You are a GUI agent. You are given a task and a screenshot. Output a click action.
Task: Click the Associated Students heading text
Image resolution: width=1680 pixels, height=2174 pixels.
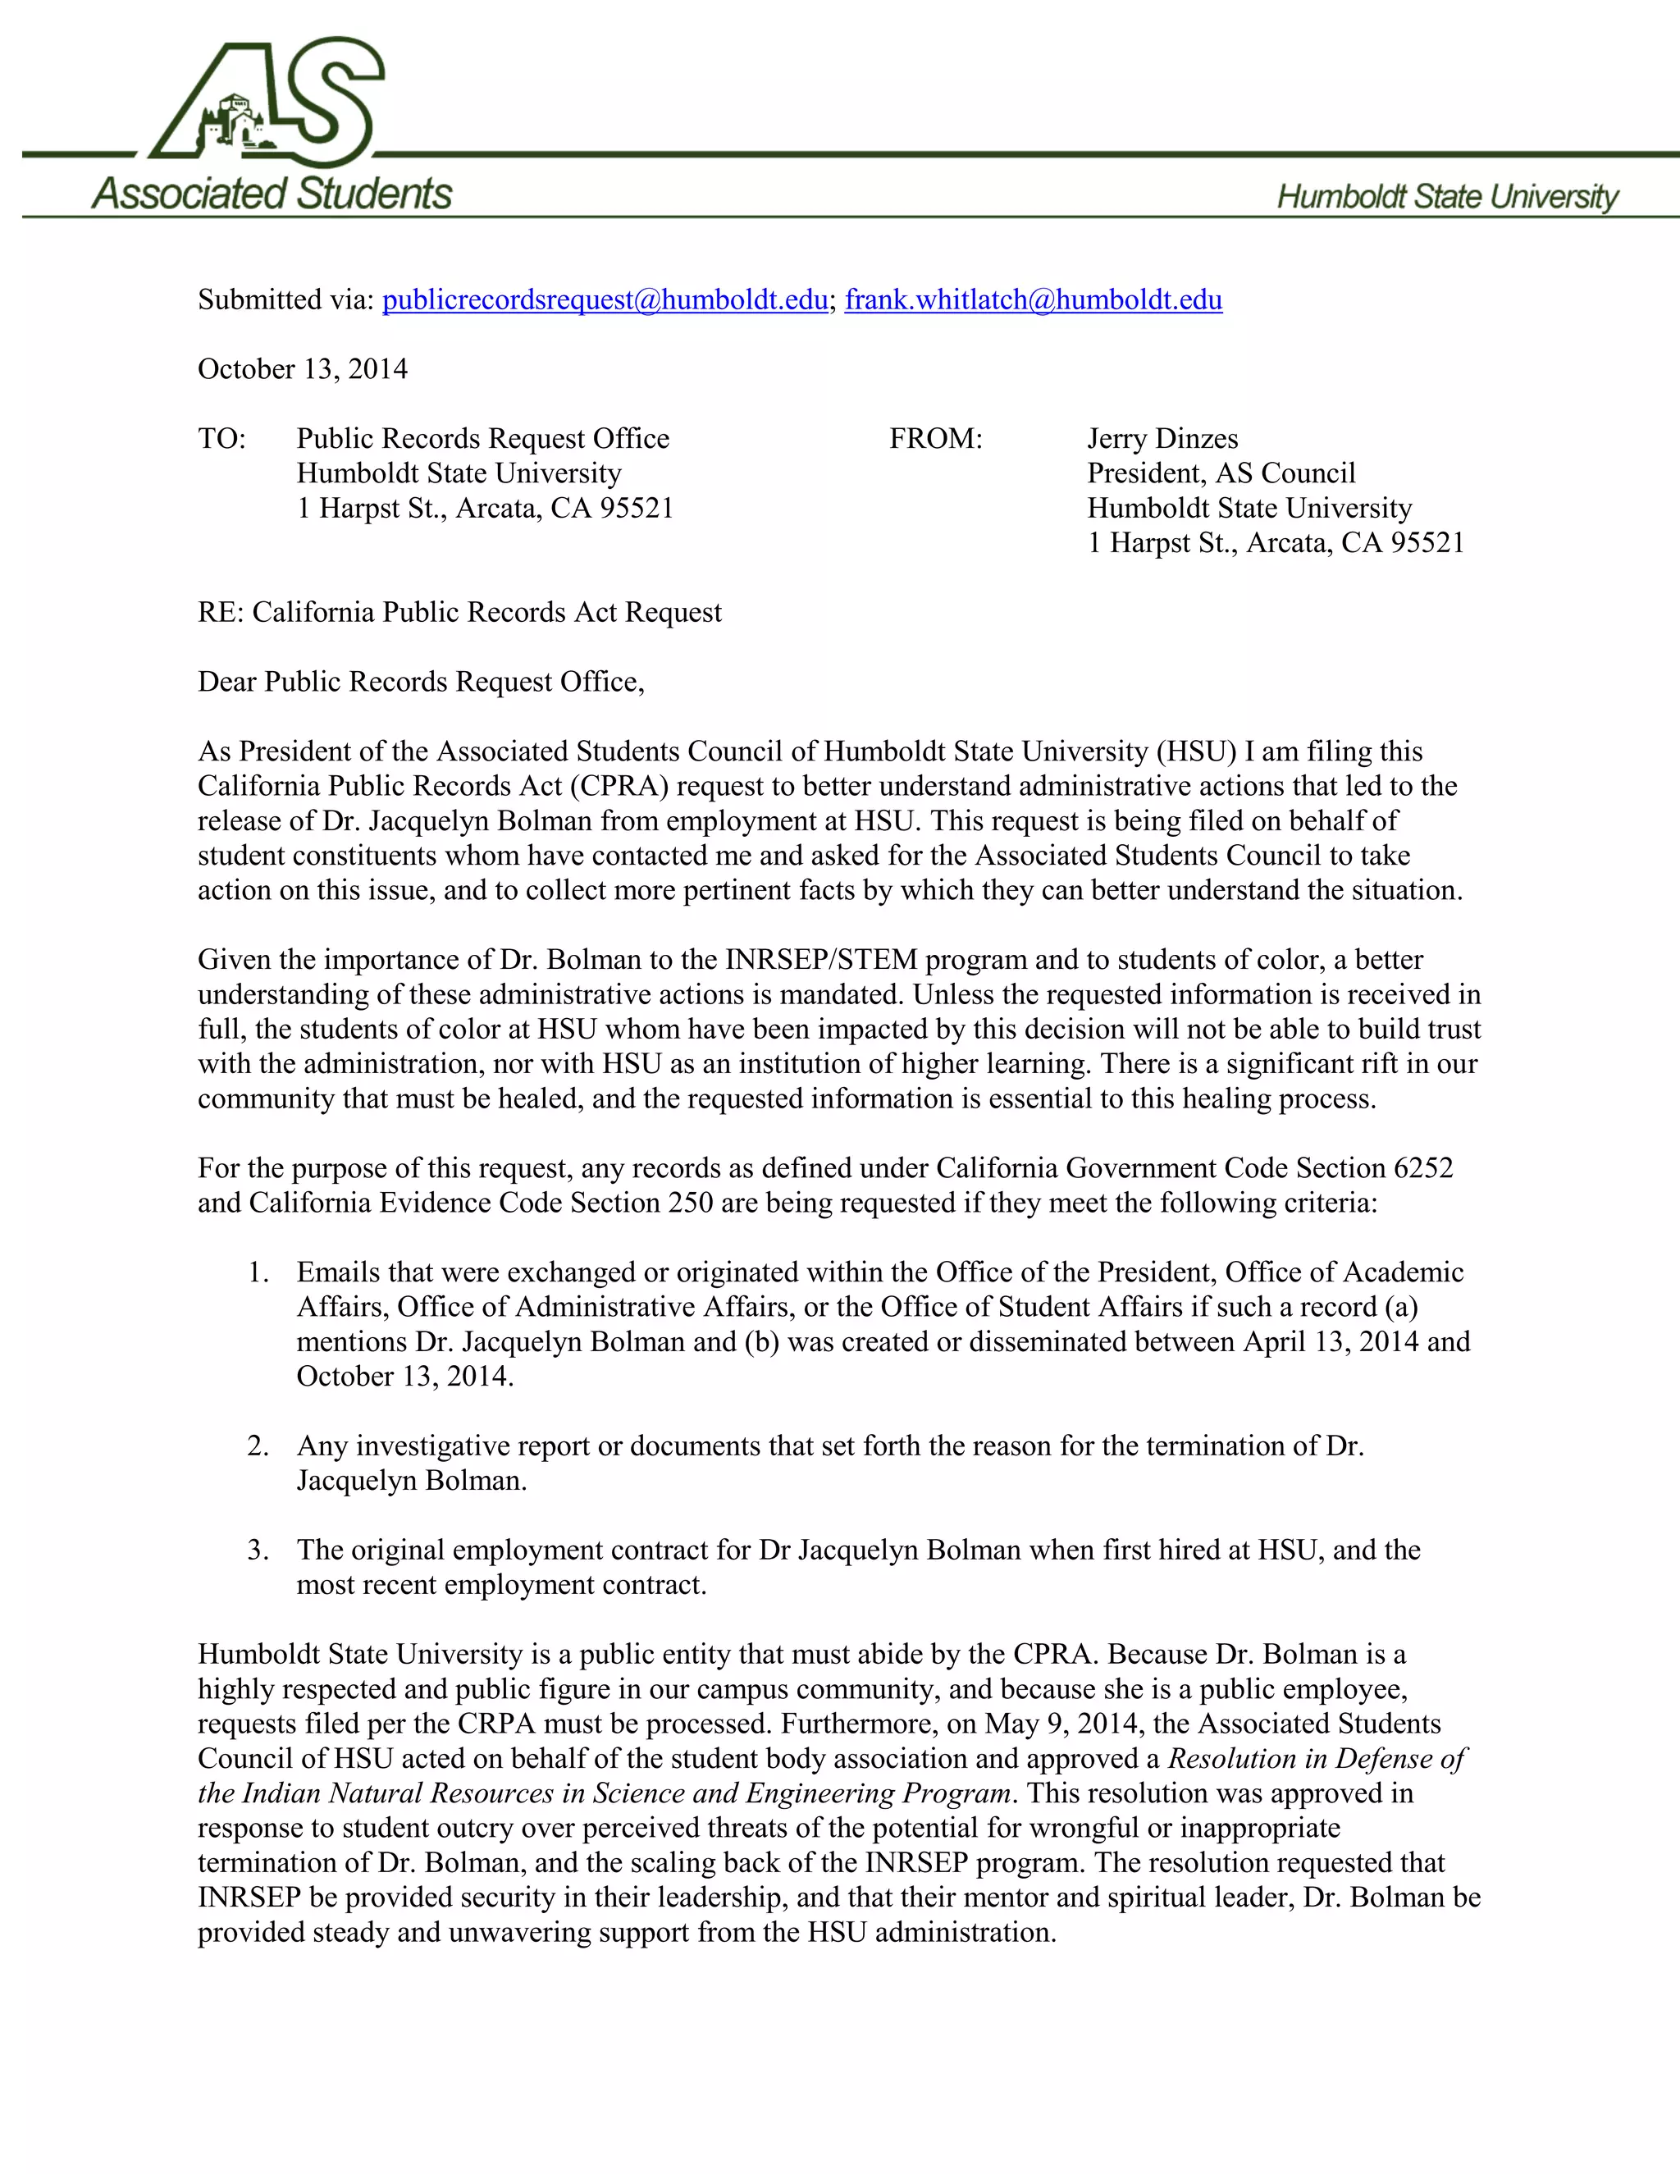[272, 193]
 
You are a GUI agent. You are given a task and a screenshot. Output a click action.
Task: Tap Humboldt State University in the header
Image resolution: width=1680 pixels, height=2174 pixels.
[1447, 196]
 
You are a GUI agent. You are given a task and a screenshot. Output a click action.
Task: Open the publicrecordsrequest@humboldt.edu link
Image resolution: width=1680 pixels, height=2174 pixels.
[604, 299]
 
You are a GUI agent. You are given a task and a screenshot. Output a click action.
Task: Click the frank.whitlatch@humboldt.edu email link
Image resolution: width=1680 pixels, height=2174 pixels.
[1033, 299]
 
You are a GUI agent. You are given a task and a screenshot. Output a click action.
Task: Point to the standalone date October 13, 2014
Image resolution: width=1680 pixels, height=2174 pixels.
[303, 369]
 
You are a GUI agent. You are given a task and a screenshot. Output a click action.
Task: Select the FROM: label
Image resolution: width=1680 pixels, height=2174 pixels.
[935, 439]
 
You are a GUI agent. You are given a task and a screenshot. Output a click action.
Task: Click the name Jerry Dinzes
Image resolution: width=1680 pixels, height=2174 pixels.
[1162, 439]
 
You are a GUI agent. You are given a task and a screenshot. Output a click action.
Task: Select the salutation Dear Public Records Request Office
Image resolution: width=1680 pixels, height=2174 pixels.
[420, 682]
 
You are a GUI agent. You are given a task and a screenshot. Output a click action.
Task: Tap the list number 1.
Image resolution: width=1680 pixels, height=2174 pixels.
[258, 1272]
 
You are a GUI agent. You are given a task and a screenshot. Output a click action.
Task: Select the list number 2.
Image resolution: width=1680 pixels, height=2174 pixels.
[258, 1446]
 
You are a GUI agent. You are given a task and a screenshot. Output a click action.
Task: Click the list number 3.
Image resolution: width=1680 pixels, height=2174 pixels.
[258, 1550]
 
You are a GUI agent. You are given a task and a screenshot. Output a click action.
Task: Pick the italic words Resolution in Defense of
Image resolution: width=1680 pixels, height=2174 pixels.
[1316, 1758]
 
